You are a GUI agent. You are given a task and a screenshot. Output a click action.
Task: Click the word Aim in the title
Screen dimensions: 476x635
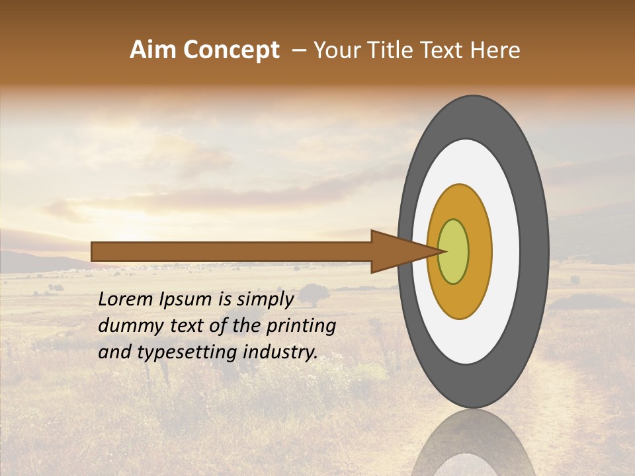tap(153, 50)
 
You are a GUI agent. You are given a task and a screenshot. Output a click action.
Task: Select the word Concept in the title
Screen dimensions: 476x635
tap(230, 51)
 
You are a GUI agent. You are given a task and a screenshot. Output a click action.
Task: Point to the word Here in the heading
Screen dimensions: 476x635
tap(496, 50)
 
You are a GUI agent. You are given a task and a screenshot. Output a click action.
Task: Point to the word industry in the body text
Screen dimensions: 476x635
tap(282, 352)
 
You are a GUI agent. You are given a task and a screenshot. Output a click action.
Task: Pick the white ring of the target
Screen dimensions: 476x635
tap(505, 251)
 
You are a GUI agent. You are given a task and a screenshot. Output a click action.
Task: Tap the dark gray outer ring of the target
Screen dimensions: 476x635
tap(535, 251)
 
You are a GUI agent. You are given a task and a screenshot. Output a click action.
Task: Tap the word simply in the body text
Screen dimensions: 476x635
tap(264, 300)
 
